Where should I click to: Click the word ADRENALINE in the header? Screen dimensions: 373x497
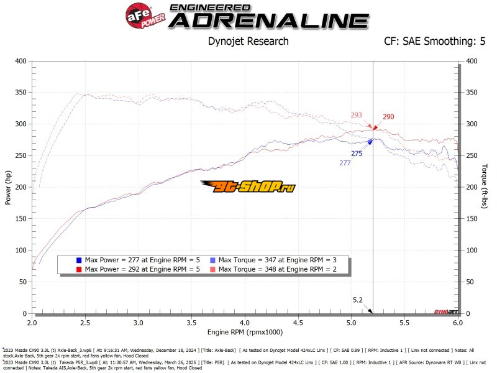pyautogui.click(x=269, y=21)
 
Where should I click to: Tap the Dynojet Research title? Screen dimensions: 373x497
pyautogui.click(x=248, y=42)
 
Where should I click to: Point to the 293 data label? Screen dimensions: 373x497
pyautogui.click(x=356, y=115)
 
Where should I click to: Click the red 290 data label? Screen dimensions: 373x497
pyautogui.click(x=388, y=117)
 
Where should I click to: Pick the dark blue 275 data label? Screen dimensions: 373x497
pyautogui.click(x=357, y=154)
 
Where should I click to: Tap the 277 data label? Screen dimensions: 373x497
pyautogui.click(x=345, y=163)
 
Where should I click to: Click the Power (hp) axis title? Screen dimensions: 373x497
pyautogui.click(x=9, y=187)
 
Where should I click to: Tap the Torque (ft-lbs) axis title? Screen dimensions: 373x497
pyautogui.click(x=485, y=187)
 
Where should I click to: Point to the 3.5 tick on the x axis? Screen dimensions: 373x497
pyautogui.click(x=192, y=324)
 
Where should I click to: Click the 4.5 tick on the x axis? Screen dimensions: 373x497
pyautogui.click(x=298, y=324)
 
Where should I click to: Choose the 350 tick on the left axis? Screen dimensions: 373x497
pyautogui.click(x=22, y=93)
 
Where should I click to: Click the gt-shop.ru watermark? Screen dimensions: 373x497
pyautogui.click(x=248, y=185)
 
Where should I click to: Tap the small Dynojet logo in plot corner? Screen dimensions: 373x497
pyautogui.click(x=445, y=310)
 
